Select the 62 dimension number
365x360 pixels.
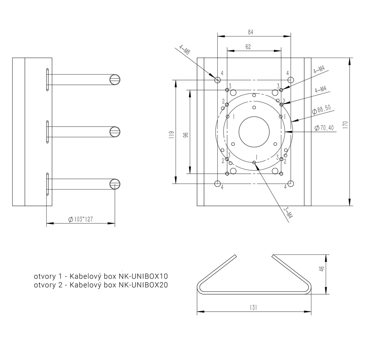pos(248,47)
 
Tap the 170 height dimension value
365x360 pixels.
pos(345,124)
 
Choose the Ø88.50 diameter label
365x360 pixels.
pos(322,109)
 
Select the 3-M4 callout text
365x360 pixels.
pos(288,213)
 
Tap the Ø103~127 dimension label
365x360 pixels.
pos(81,219)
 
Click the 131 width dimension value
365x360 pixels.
pos(253,308)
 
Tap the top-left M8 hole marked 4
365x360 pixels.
pos(218,80)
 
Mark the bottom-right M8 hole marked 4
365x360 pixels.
pos(290,183)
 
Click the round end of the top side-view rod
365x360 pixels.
pos(115,79)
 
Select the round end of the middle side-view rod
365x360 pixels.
pos(115,132)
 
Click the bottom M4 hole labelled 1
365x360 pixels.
pos(254,163)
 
